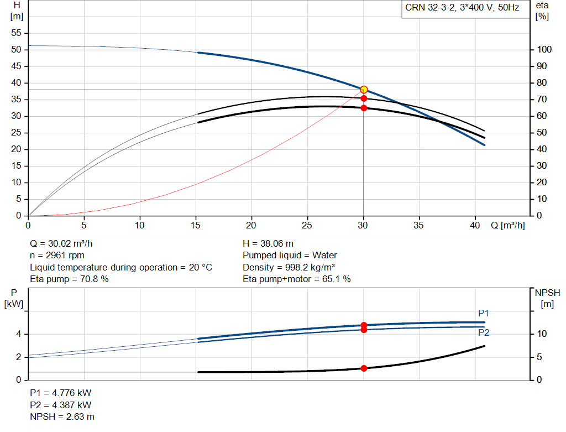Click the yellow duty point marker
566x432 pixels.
click(x=364, y=90)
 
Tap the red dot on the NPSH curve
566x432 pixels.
click(x=364, y=368)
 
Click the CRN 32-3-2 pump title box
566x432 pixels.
click(x=463, y=8)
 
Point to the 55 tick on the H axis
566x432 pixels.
click(x=16, y=33)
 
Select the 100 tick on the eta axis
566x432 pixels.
click(x=544, y=49)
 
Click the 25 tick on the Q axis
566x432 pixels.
click(x=307, y=225)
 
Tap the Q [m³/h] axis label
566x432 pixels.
click(x=508, y=225)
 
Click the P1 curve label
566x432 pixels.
click(x=483, y=313)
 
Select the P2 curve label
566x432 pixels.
click(x=484, y=332)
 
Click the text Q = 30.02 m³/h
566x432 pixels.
click(x=61, y=244)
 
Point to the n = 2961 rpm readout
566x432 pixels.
click(x=57, y=256)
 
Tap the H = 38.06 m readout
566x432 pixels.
click(x=268, y=244)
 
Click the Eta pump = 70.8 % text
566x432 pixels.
click(x=69, y=279)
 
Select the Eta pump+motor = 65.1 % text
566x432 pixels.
click(x=297, y=279)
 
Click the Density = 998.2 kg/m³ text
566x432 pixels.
click(x=289, y=267)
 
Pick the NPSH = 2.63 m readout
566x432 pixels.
click(x=62, y=417)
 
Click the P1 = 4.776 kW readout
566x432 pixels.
click(x=61, y=393)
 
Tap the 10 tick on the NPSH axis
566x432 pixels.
click(x=542, y=334)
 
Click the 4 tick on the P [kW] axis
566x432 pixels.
click(x=18, y=334)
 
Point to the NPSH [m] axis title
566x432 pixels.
click(x=547, y=298)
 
